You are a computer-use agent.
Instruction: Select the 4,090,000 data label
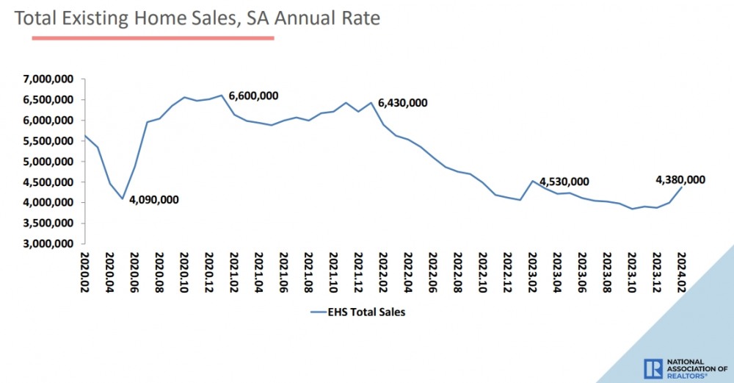click(153, 199)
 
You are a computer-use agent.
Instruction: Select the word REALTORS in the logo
click(686, 376)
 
